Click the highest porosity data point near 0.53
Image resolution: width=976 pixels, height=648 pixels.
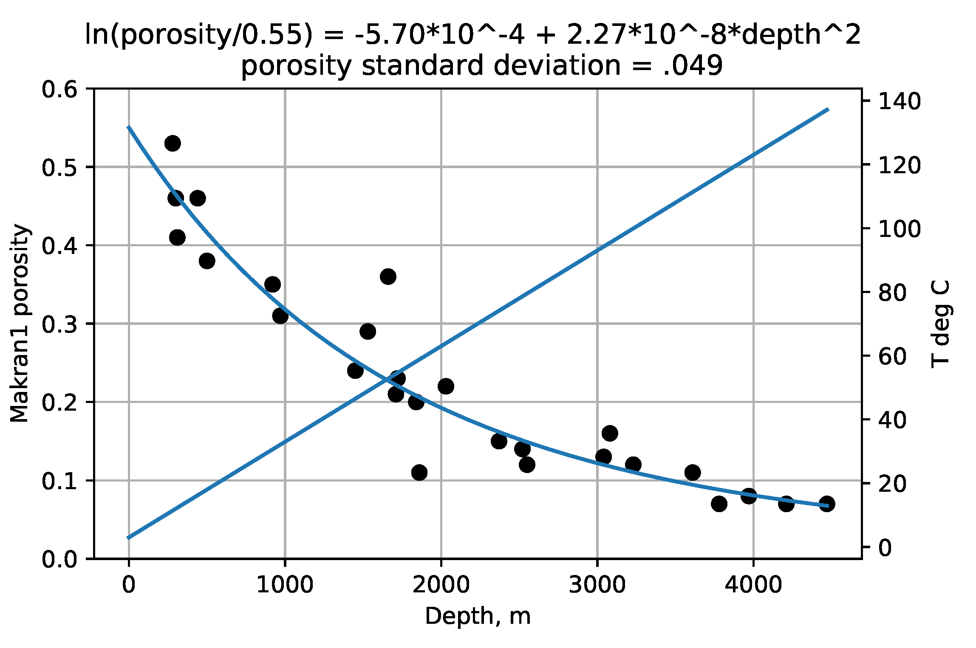pyautogui.click(x=173, y=144)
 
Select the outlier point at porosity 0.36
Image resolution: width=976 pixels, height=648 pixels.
pyautogui.click(x=388, y=277)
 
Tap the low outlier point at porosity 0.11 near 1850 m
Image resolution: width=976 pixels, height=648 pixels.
pyautogui.click(x=419, y=473)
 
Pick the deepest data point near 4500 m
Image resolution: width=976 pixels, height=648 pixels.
pyautogui.click(x=826, y=504)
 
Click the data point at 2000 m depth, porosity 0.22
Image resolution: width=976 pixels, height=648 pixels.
pyautogui.click(x=445, y=386)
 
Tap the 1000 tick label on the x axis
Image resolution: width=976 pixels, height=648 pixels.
pyautogui.click(x=285, y=585)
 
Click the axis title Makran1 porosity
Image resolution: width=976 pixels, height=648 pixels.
pyautogui.click(x=20, y=324)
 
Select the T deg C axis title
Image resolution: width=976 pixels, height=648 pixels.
pyautogui.click(x=939, y=324)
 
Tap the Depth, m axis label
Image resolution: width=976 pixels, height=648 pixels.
pyautogui.click(x=478, y=616)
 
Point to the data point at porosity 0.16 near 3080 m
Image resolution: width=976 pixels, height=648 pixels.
pyautogui.click(x=610, y=434)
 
